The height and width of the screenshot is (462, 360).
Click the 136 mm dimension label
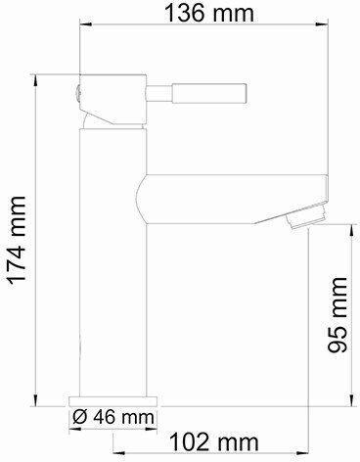tap(209, 13)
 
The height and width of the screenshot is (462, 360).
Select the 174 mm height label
tap(17, 241)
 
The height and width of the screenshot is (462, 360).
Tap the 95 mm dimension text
tap(337, 315)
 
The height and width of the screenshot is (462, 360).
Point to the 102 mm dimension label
tap(214, 442)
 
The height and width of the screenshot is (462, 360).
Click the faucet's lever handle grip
tap(209, 94)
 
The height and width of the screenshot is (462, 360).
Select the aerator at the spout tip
tap(306, 215)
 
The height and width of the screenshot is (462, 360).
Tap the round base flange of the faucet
tap(113, 401)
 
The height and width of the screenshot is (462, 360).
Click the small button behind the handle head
tap(77, 94)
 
